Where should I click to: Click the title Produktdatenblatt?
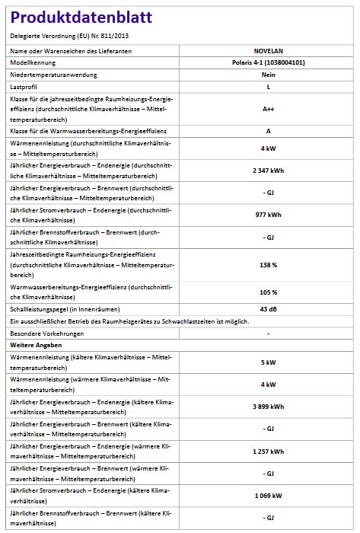(x=81, y=18)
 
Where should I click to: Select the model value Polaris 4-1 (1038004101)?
(x=269, y=62)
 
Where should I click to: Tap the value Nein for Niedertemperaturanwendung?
(x=269, y=76)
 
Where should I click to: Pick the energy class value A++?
(x=269, y=110)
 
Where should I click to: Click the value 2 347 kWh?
(x=269, y=170)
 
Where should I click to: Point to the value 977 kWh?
(x=269, y=215)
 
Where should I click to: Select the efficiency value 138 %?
(x=269, y=264)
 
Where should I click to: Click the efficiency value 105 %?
(x=269, y=292)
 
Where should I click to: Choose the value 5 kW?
(x=269, y=362)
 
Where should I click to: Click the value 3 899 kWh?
(x=269, y=407)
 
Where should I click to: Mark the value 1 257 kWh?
(x=269, y=451)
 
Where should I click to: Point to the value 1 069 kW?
(x=269, y=496)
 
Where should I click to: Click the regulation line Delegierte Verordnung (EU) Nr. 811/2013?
(x=68, y=36)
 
